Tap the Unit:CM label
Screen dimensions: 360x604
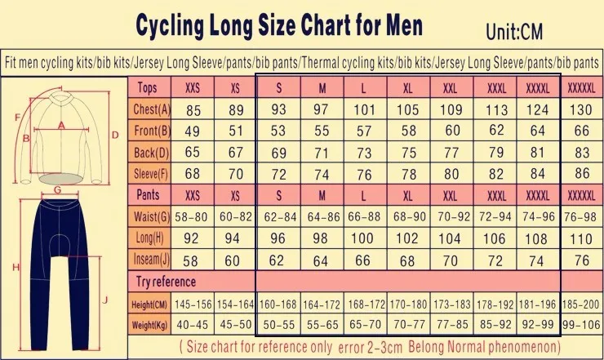pyautogui.click(x=514, y=32)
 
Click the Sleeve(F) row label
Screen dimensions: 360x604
pyautogui.click(x=152, y=173)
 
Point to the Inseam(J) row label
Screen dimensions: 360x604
pyautogui.click(x=152, y=259)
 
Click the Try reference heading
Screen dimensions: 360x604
pyautogui.click(x=166, y=282)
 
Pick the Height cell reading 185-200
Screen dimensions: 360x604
pyautogui.click(x=580, y=304)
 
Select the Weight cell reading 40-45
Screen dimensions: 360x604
pyautogui.click(x=193, y=325)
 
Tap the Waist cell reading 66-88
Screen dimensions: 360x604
pyautogui.click(x=363, y=216)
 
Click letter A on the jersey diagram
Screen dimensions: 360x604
pyautogui.click(x=60, y=125)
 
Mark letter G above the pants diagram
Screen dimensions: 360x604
pyautogui.click(x=56, y=189)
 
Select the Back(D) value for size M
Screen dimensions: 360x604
pyautogui.click(x=322, y=153)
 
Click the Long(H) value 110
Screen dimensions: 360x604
pyautogui.click(x=580, y=238)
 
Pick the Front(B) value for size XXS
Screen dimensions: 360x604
pyautogui.click(x=193, y=131)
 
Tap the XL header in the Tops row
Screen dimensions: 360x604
pyautogui.click(x=406, y=87)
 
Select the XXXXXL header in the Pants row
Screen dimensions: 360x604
pyautogui.click(x=580, y=195)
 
